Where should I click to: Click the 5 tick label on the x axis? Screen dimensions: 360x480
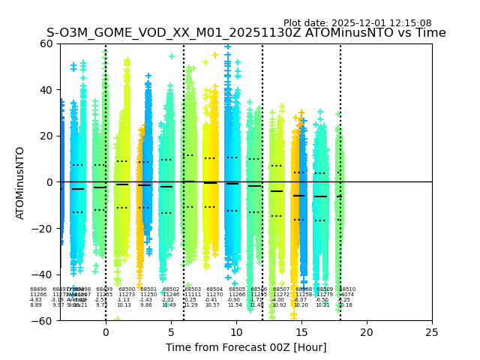click(171, 332)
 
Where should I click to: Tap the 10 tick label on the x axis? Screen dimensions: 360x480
click(236, 332)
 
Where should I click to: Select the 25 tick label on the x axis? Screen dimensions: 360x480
click(432, 332)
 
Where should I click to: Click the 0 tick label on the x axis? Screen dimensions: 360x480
click(106, 332)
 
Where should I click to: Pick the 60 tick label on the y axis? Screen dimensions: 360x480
click(46, 43)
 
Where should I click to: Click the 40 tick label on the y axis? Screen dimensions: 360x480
click(46, 90)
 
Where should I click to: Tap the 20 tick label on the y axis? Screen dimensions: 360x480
click(46, 136)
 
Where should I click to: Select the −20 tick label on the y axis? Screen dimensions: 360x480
click(43, 228)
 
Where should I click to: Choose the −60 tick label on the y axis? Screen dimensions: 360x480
click(43, 320)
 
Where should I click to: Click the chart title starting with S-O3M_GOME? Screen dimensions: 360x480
click(246, 33)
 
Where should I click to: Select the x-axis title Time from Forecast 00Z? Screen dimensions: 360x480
click(246, 347)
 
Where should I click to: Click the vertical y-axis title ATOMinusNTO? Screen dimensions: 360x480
click(21, 182)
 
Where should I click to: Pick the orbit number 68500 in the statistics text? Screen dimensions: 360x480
click(127, 289)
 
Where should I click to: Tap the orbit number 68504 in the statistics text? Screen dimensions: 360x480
click(214, 289)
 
